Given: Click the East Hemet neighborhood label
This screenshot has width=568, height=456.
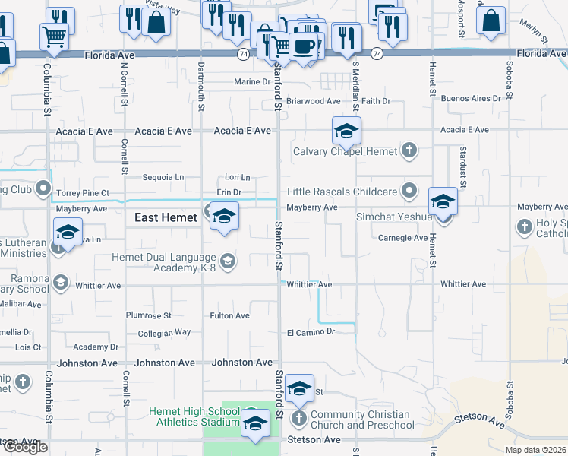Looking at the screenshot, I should tap(166, 217).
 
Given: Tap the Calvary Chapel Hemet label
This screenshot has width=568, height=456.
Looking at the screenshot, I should tap(346, 151).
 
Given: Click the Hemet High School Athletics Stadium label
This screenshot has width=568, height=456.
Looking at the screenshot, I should tap(194, 416).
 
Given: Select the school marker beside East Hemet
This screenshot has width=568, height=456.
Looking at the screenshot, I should tap(225, 218).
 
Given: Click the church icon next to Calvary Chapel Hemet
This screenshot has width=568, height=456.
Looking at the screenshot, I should tap(409, 150).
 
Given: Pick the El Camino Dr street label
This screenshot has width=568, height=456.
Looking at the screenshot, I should tap(311, 332).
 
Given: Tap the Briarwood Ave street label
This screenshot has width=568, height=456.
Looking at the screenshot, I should tap(313, 100).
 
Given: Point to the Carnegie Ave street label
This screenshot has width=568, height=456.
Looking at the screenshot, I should tap(402, 238).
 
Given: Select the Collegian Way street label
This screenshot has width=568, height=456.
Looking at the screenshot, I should tap(164, 333).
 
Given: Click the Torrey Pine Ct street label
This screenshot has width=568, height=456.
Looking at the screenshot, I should tap(83, 193).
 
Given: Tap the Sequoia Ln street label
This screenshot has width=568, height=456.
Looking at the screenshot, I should tap(163, 177).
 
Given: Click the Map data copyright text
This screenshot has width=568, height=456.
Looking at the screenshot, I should tap(536, 450).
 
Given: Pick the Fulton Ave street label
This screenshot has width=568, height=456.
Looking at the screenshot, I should tap(229, 315).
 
